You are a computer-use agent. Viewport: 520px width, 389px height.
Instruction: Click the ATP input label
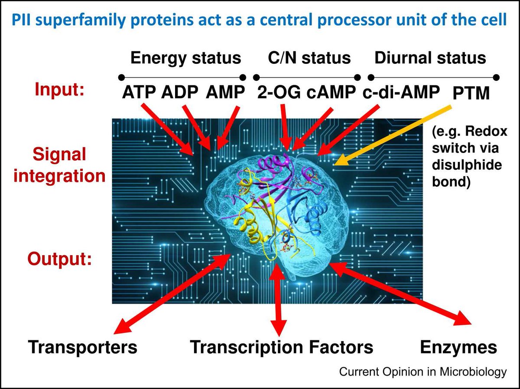pos(140,93)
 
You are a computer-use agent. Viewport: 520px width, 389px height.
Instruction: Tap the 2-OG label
pos(276,93)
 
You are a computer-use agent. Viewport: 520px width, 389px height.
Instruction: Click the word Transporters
pos(83,347)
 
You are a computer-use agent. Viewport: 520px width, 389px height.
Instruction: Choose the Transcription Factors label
pos(282,347)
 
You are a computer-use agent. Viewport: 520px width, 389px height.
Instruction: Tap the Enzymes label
pos(458,347)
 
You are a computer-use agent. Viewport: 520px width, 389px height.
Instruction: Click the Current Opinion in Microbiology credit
pos(422,372)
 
